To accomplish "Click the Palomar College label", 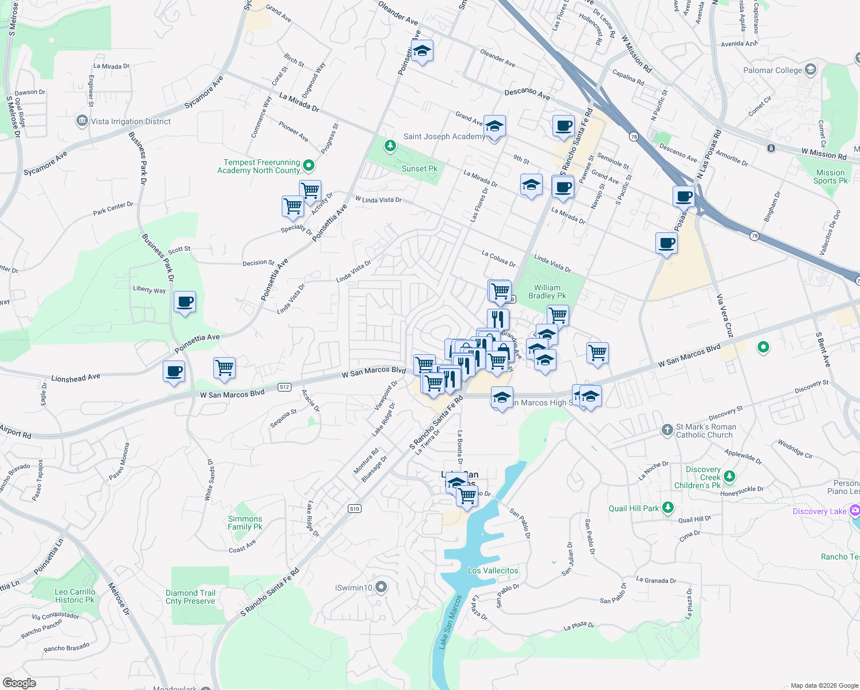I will (772, 70).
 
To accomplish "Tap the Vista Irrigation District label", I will (130, 121).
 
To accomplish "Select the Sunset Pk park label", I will (419, 168).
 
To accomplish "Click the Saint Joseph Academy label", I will (444, 136).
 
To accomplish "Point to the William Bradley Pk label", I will (547, 292).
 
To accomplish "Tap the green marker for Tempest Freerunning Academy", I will (309, 166).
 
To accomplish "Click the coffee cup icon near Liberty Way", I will (185, 302).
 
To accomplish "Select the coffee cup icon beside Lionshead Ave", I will (174, 371).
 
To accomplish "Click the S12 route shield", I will (284, 387).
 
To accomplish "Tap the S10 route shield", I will (354, 508).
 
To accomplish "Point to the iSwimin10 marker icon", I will (381, 587).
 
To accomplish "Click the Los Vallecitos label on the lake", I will (493, 570).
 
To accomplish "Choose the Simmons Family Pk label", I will (245, 523).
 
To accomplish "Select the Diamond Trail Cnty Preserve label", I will (190, 597).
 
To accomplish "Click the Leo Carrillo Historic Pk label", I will (75, 596).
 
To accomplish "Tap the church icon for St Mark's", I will (667, 430).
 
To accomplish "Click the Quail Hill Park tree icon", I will (667, 508).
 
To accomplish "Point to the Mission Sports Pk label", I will (830, 177).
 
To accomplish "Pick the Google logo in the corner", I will (20, 683).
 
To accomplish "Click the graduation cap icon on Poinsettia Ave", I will (422, 51).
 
